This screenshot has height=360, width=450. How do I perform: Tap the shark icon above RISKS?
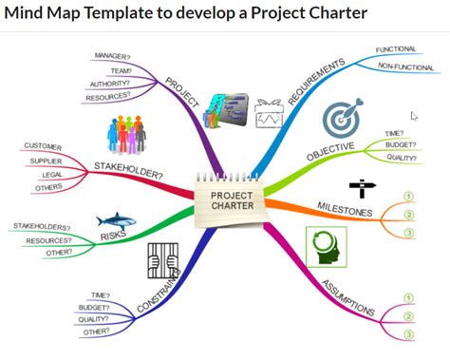(116, 220)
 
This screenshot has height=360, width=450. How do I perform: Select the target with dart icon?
(343, 117)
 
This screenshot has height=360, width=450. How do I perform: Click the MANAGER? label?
(112, 56)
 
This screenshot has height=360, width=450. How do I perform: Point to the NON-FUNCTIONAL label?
(405, 66)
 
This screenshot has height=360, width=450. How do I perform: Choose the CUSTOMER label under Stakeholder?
(43, 146)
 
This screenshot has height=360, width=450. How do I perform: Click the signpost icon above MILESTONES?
(363, 188)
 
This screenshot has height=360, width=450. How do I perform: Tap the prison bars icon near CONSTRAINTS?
(163, 260)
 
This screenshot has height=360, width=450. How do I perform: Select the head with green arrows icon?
(327, 247)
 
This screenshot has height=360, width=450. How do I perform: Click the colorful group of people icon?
(126, 135)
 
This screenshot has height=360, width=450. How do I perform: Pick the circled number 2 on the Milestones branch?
(409, 215)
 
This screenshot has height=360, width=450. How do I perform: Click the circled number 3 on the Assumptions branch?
(409, 334)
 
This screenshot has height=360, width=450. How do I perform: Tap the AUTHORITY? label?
(109, 84)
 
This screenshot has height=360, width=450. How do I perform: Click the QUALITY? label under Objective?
(402, 158)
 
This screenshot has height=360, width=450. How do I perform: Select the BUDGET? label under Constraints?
(94, 308)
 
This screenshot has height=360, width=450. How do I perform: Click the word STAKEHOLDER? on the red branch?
(128, 170)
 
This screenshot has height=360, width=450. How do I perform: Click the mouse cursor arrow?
(414, 116)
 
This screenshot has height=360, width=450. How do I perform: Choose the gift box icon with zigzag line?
(269, 113)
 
